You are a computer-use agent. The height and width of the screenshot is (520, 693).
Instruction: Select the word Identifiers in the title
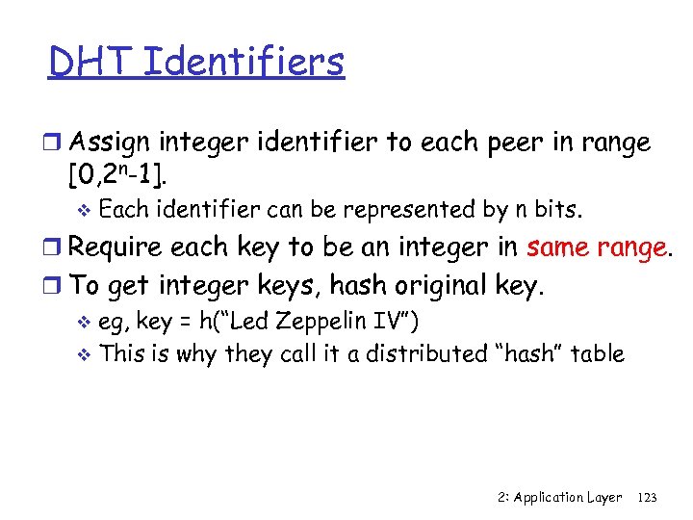(243, 63)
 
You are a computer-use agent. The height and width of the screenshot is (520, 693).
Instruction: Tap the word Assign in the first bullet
(110, 143)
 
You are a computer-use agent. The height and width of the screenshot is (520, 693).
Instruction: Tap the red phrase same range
(597, 247)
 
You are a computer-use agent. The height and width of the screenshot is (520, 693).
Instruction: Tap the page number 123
(647, 497)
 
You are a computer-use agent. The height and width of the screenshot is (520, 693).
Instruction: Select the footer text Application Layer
(567, 497)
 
